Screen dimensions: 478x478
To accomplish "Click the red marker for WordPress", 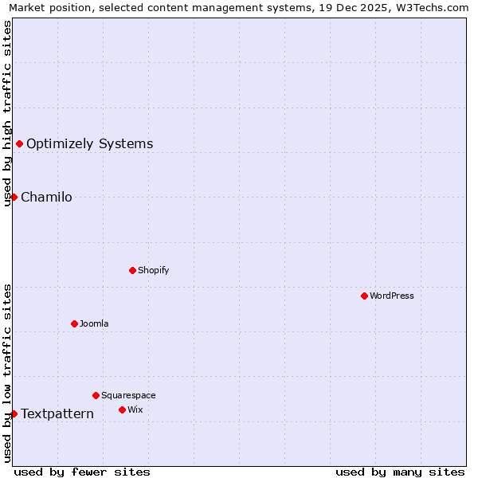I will click(364, 296).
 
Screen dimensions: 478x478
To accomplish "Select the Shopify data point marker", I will click(132, 270).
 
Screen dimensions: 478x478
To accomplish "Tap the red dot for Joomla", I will click(74, 323).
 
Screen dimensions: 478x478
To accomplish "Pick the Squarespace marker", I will click(96, 395).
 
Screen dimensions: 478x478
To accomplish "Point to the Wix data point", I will click(122, 409).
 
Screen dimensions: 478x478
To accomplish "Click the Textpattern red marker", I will click(14, 413).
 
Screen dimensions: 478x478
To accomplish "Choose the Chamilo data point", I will click(14, 197).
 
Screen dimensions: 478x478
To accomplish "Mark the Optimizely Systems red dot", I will click(19, 143).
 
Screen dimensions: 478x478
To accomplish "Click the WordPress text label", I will click(391, 296).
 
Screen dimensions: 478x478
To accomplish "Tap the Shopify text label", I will click(153, 270).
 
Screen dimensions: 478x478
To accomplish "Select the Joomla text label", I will click(94, 323).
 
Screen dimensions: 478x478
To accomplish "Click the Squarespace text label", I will click(128, 395).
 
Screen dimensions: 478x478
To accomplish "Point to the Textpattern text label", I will click(57, 413).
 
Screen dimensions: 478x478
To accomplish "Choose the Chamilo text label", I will click(46, 197).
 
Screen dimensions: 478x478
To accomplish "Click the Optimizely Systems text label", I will click(89, 143).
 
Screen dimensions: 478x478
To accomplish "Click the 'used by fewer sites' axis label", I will click(82, 472).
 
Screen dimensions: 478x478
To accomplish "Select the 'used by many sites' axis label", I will click(400, 472).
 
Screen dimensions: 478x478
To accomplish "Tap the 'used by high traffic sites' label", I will click(7, 113).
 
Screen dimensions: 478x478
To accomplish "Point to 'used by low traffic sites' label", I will click(7, 373).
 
